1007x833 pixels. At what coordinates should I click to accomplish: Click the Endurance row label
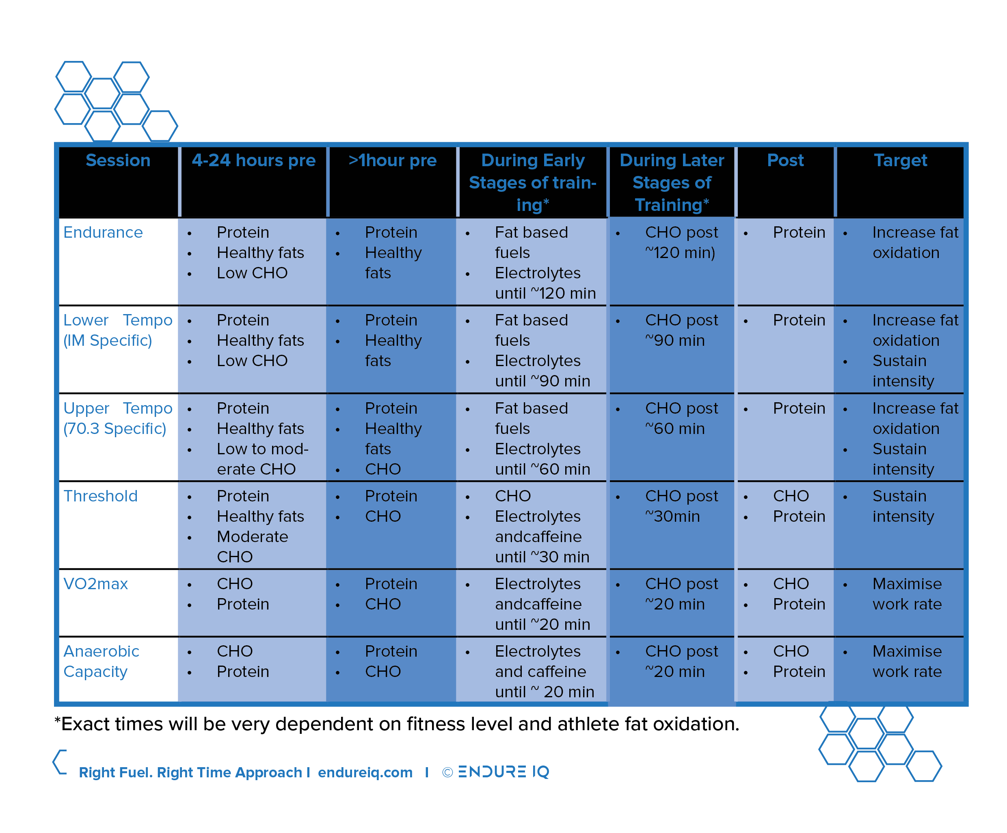[x=103, y=233]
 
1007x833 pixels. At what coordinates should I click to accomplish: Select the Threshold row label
[x=101, y=496]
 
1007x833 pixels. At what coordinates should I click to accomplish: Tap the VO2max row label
[x=96, y=584]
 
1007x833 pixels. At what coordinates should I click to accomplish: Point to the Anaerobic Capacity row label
[x=101, y=661]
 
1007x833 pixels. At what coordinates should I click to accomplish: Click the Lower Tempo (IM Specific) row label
[x=117, y=330]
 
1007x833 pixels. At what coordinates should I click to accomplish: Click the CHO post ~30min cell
[x=681, y=506]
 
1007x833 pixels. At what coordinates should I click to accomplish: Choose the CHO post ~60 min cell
[x=681, y=419]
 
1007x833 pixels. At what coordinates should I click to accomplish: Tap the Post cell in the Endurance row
[x=799, y=233]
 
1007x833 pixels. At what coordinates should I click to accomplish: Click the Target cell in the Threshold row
[x=903, y=506]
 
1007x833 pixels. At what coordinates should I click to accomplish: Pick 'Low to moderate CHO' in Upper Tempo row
[x=262, y=459]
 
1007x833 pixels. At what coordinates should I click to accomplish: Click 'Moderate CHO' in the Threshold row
[x=252, y=547]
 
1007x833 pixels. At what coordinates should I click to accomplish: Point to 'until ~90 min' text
[x=542, y=382]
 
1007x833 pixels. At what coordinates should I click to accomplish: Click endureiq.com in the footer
[x=365, y=772]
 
